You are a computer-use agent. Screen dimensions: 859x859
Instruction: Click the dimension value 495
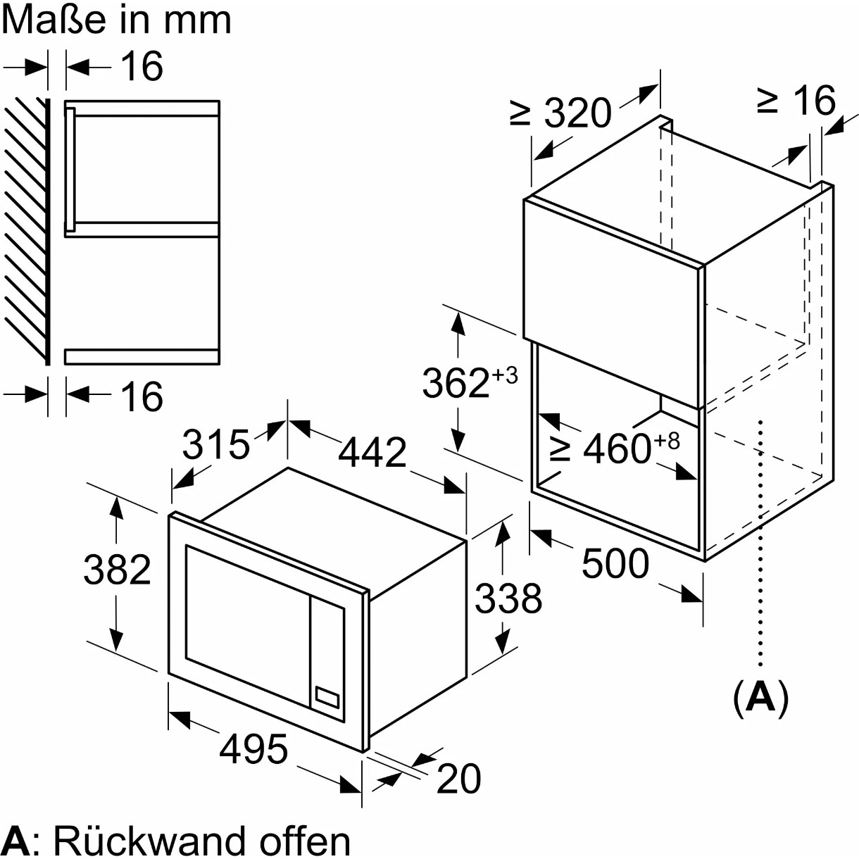click(x=253, y=748)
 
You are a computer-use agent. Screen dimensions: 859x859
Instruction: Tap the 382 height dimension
click(x=117, y=570)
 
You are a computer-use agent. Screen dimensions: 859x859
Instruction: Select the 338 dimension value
click(x=508, y=598)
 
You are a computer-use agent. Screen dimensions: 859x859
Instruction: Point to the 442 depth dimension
click(x=372, y=452)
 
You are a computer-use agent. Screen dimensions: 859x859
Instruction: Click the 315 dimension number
click(x=215, y=445)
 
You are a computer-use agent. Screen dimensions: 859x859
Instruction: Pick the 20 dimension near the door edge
click(x=459, y=778)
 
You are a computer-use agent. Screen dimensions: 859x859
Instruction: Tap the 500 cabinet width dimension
click(x=615, y=563)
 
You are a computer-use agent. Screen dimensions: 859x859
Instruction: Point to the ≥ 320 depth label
click(x=561, y=113)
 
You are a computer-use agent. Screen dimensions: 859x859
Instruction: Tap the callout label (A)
click(x=760, y=697)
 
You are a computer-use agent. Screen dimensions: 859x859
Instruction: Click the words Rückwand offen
click(x=201, y=840)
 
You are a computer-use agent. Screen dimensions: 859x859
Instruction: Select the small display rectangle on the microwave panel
click(x=327, y=697)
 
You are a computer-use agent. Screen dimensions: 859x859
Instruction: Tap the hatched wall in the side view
click(x=25, y=232)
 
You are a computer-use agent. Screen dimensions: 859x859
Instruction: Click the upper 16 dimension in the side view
click(x=142, y=66)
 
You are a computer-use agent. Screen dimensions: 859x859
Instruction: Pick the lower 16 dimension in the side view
click(x=142, y=396)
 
